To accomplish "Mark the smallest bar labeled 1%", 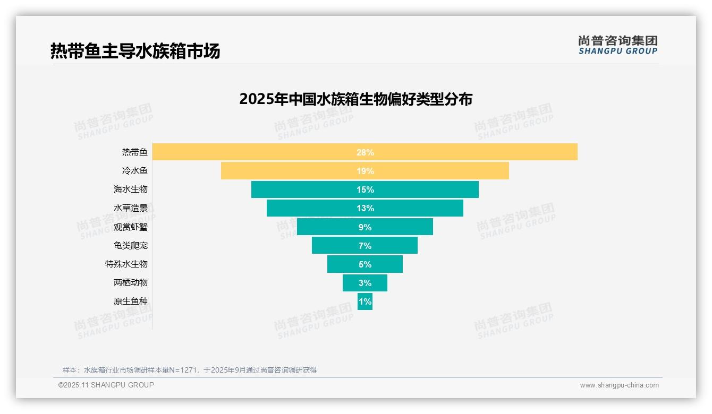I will (x=365, y=301).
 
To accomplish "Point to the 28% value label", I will (x=365, y=152).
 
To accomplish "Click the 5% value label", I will (x=365, y=264).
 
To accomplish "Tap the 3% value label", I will (x=365, y=283).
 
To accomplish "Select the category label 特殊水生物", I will (x=126, y=264).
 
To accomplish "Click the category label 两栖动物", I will (x=131, y=282).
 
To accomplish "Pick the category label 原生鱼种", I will (x=131, y=301).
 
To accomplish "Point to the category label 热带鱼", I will (x=135, y=152).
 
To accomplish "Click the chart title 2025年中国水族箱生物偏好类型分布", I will (x=355, y=99).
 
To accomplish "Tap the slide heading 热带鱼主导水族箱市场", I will (x=135, y=51).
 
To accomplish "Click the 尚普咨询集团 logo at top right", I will (x=617, y=45).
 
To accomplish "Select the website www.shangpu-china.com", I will (x=619, y=385).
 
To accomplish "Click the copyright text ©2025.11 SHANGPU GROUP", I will (x=106, y=385).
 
